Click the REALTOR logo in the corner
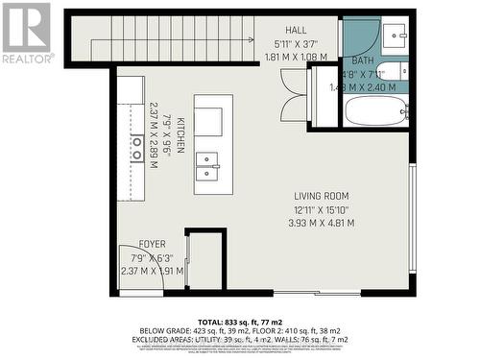[26, 33]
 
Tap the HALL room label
[297, 32]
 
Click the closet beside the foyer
[205, 259]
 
